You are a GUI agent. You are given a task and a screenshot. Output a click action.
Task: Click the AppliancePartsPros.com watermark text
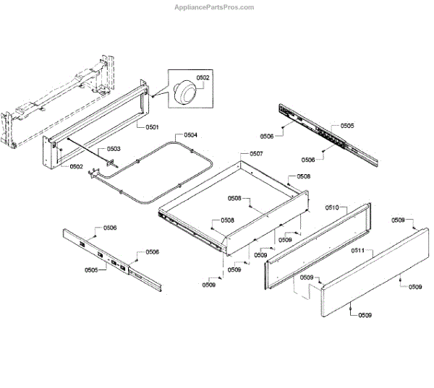point(215,7)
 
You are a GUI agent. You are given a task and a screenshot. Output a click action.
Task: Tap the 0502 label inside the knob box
point(203,77)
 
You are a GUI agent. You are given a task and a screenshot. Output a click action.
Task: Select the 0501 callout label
point(152,127)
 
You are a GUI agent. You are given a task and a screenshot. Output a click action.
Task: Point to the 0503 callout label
point(114,148)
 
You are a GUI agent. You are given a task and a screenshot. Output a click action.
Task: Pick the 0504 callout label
point(190,135)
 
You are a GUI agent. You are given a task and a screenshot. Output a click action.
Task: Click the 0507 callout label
point(256,154)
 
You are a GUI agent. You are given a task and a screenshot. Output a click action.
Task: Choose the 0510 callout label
point(332,207)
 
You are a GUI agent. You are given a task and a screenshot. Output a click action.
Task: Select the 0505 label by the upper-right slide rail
point(347,126)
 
